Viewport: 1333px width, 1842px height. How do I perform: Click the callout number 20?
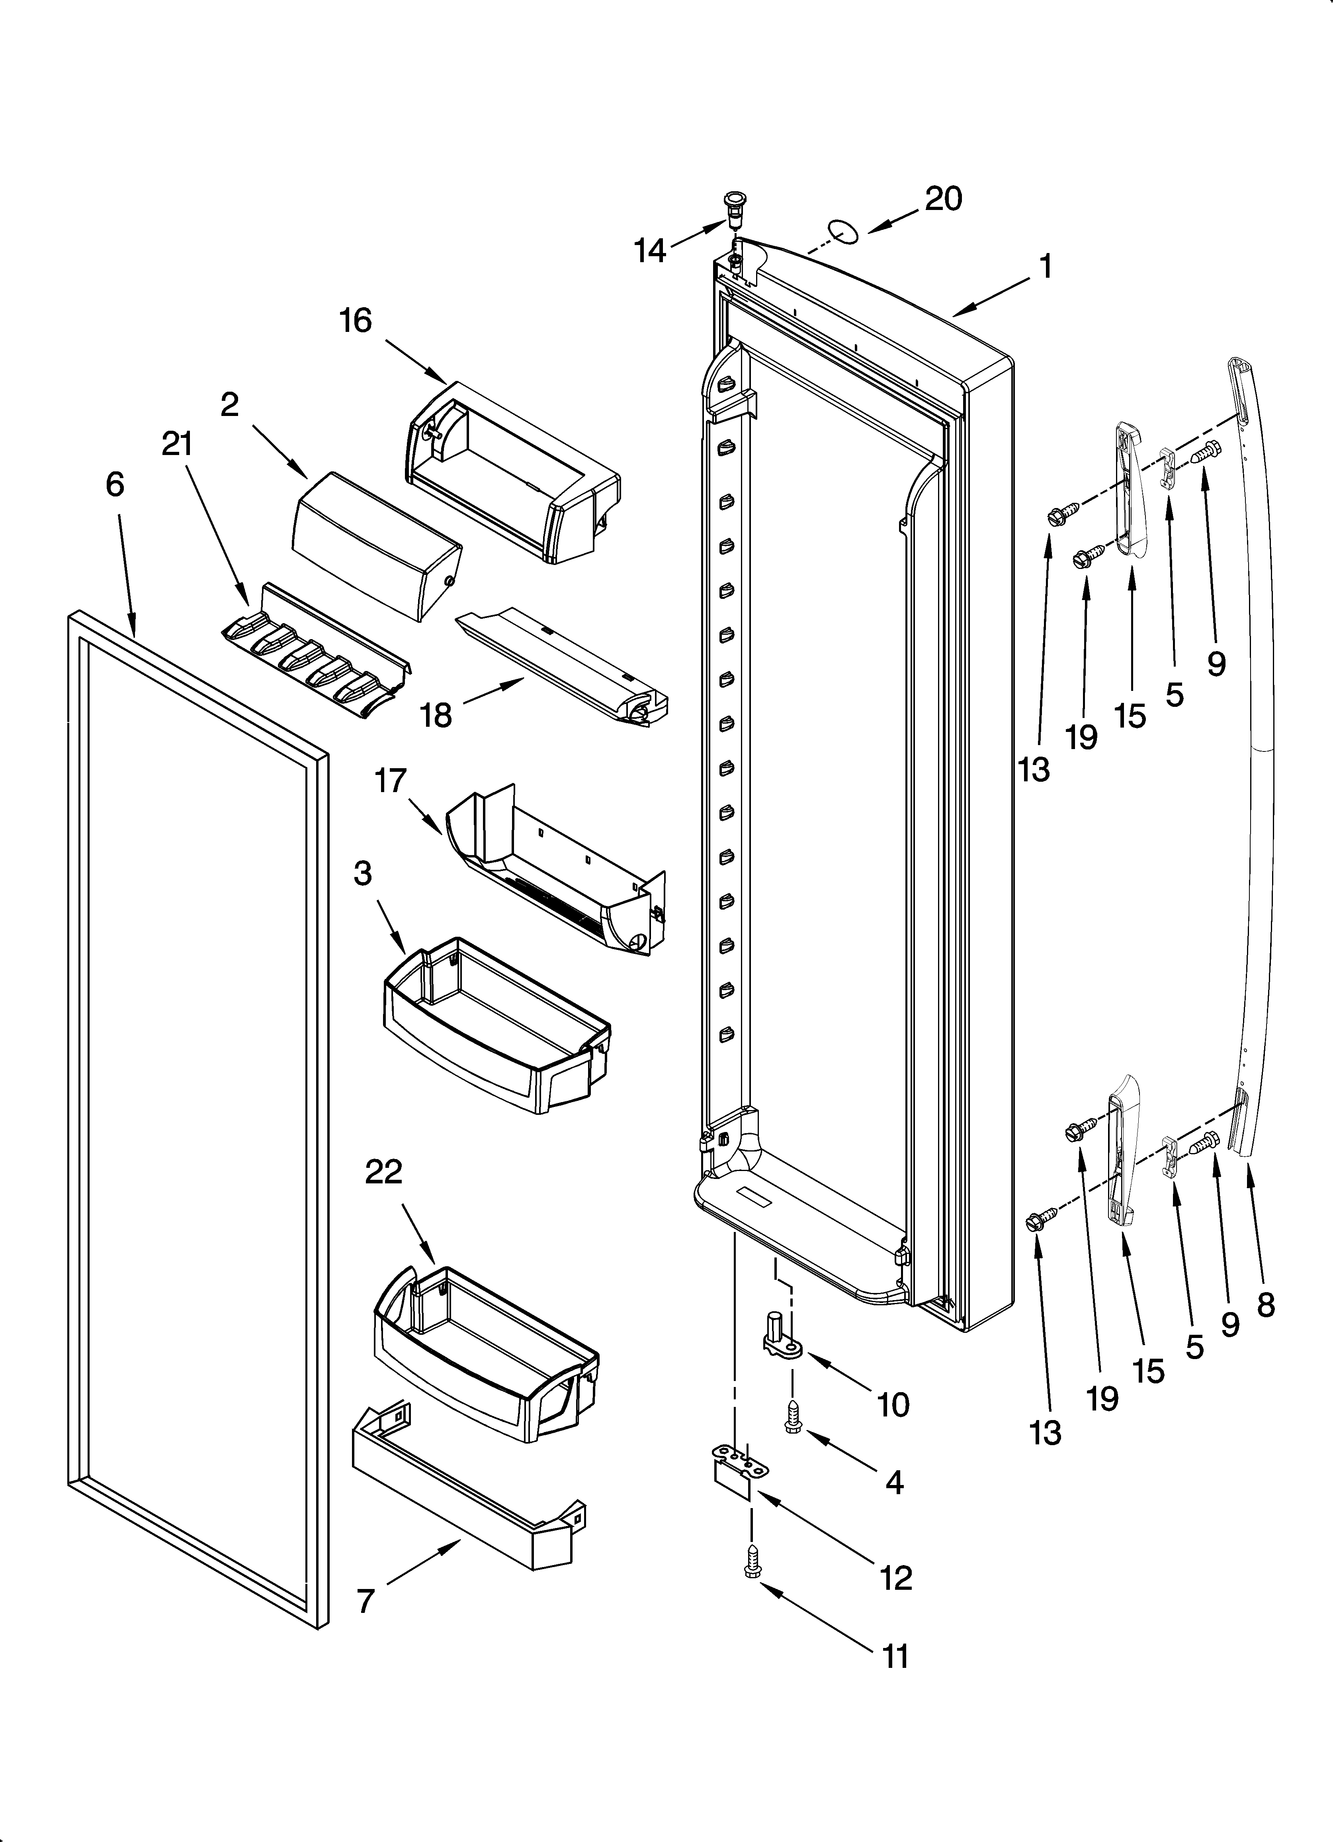[943, 198]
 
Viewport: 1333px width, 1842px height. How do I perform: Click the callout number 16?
[356, 321]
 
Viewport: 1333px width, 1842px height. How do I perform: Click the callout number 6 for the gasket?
[115, 485]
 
